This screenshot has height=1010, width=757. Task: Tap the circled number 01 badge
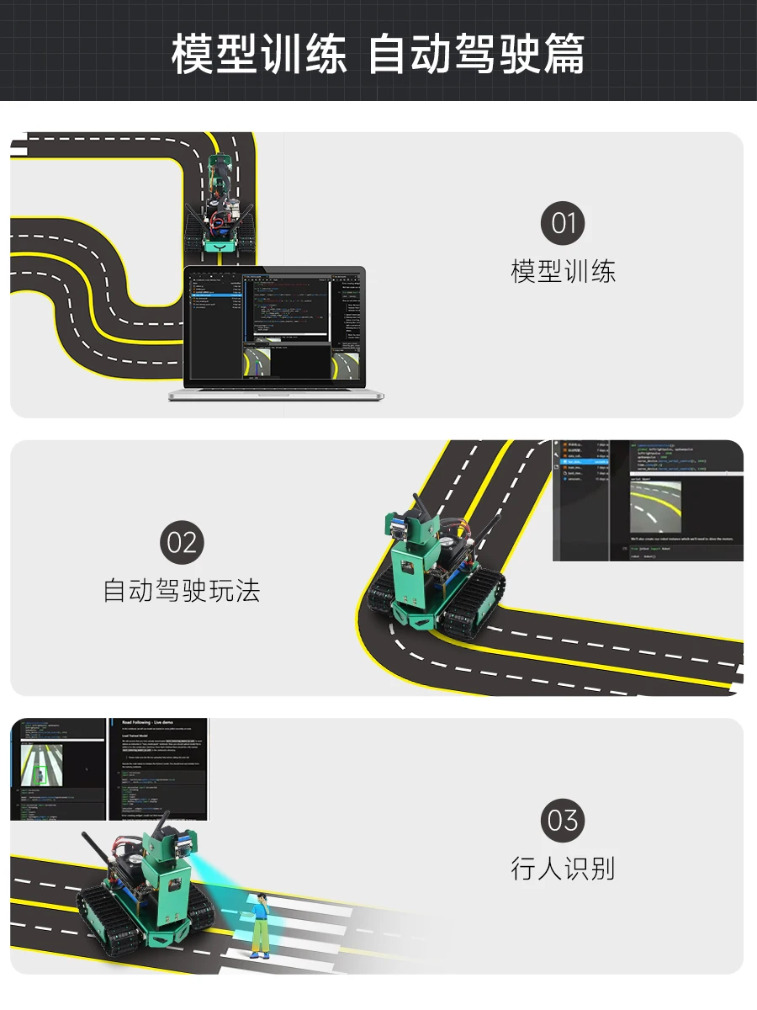(x=563, y=225)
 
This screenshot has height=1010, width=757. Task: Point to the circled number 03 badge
(x=563, y=821)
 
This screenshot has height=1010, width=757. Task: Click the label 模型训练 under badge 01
(x=563, y=272)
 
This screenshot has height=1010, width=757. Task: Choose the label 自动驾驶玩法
(x=182, y=590)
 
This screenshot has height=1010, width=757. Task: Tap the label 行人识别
(x=563, y=868)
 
